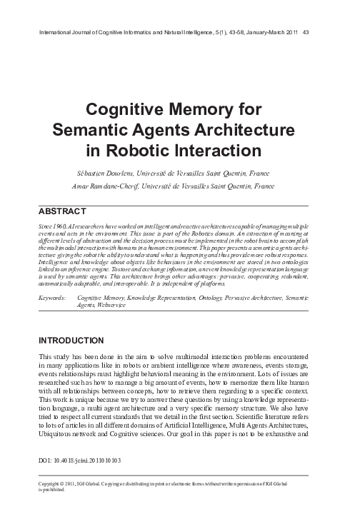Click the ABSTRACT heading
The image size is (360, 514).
[61, 211]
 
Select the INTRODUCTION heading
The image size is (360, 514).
[74, 341]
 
